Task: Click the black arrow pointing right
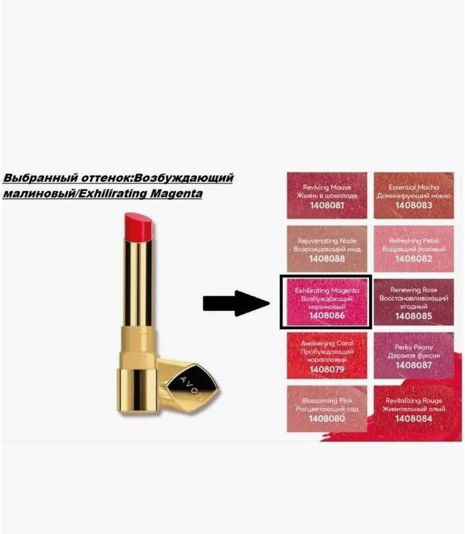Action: tap(235, 304)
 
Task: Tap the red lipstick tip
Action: tap(138, 227)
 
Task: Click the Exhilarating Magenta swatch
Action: tap(327, 302)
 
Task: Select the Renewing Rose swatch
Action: tap(413, 302)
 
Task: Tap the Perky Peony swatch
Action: tap(413, 355)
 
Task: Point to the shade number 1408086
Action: tap(327, 316)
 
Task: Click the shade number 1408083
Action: tap(413, 205)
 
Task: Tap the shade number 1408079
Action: tap(327, 369)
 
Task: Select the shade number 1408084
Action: tap(413, 419)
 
